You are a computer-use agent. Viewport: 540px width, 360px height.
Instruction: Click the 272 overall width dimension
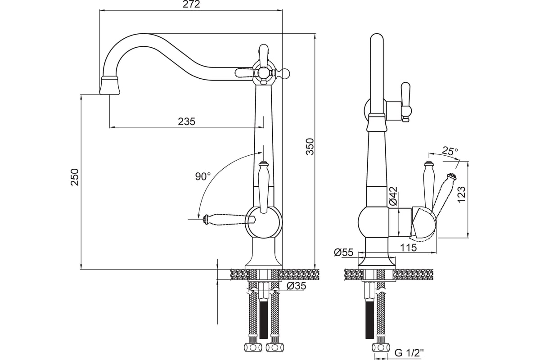(191, 4)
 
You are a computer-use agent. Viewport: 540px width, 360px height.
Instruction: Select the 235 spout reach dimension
(187, 121)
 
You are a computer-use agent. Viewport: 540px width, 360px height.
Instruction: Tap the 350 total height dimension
(310, 147)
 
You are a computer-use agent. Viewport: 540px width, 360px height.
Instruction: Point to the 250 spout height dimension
(75, 177)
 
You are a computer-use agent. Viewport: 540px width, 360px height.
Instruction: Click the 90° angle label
(203, 176)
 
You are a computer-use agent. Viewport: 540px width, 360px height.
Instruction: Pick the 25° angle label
(450, 151)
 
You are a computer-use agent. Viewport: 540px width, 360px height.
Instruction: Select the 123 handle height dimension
(461, 194)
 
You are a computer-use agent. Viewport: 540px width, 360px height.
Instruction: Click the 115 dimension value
(409, 247)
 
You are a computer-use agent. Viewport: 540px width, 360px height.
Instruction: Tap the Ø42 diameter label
(393, 196)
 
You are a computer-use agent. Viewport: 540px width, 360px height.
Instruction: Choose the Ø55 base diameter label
(343, 252)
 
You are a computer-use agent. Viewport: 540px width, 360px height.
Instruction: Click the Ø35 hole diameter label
(296, 286)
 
